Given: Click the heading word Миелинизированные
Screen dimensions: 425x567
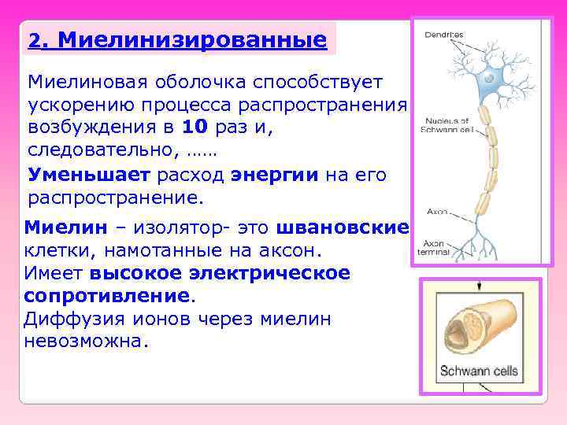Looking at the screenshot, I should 192,39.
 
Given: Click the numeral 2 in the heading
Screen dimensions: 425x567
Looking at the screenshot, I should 33,40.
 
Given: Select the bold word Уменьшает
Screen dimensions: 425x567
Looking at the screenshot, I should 89,174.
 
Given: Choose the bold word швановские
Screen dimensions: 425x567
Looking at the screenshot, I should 343,228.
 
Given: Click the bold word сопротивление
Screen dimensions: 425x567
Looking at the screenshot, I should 107,297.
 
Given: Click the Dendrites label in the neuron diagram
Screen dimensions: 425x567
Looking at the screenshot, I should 444,35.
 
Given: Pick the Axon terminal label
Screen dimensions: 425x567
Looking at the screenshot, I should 437,248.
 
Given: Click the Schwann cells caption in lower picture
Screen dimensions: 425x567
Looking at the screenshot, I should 478,371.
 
